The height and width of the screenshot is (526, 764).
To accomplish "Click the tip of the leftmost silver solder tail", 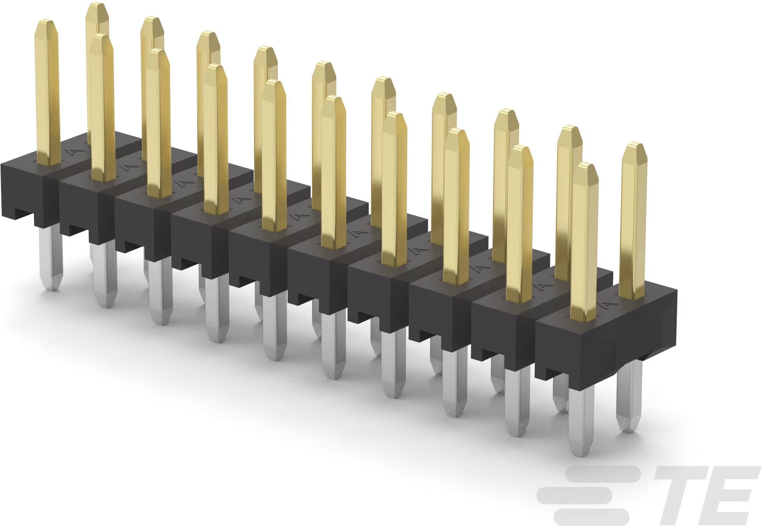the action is pos(52,290).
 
